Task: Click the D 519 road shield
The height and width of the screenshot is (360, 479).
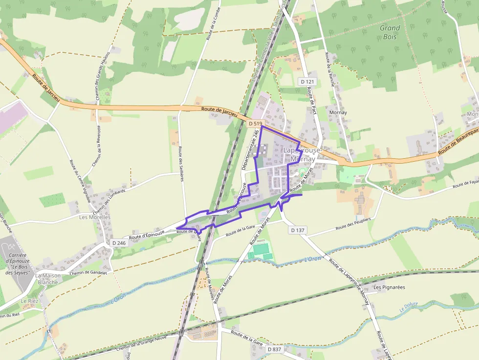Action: [253, 124]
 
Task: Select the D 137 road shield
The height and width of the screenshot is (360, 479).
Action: [297, 230]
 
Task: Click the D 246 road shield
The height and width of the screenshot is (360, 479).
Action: [119, 243]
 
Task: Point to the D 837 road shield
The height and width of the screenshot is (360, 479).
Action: [275, 349]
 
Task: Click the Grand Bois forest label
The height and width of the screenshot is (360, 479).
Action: [390, 32]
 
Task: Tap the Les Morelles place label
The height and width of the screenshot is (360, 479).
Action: [95, 217]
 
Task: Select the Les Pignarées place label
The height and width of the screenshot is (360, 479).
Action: [389, 287]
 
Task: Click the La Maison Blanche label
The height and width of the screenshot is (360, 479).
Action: [47, 279]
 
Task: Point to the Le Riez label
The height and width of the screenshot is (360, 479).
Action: [29, 301]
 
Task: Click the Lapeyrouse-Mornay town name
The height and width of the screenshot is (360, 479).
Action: [302, 154]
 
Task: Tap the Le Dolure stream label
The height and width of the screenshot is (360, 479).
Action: [409, 306]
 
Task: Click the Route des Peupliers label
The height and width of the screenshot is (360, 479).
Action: [353, 225]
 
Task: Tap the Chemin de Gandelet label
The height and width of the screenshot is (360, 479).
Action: [88, 272]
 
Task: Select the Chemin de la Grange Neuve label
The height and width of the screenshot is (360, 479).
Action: [141, 342]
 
